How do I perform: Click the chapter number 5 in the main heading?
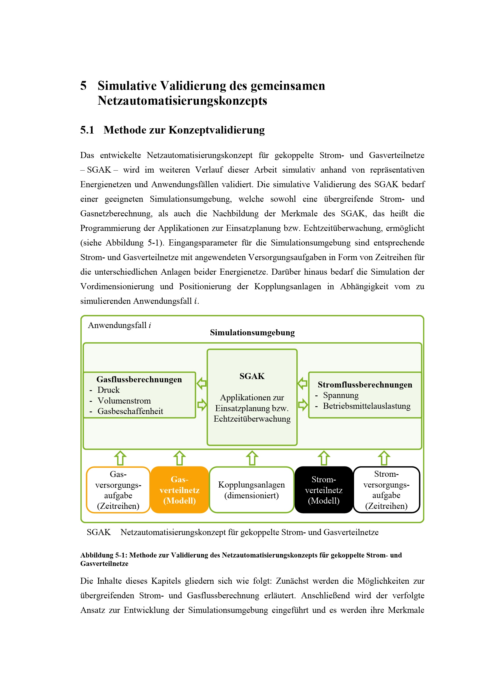coord(83,86)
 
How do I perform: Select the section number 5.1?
coord(87,130)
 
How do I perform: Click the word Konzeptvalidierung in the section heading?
coord(216,130)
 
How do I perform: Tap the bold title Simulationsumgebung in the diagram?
coord(252,332)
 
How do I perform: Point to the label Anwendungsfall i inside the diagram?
coord(119,325)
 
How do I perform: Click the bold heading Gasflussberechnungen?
coord(139,379)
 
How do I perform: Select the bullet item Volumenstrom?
coord(124,401)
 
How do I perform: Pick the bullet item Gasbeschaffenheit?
coord(130,411)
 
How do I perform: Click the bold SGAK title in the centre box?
coord(252,376)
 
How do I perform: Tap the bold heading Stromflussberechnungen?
coord(365,385)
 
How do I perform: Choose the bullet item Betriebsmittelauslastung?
coord(367,406)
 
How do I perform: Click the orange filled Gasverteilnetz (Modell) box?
coord(180,490)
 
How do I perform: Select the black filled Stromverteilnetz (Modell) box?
coord(323,490)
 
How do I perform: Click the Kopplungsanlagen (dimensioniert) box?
coord(251,490)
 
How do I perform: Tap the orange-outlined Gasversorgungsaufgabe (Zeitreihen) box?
coord(118,490)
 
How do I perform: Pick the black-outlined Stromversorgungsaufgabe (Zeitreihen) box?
coord(386,490)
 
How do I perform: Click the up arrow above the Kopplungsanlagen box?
coord(252,458)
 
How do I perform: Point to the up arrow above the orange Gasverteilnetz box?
coord(180,458)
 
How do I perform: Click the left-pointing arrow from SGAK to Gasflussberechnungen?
coord(202,383)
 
